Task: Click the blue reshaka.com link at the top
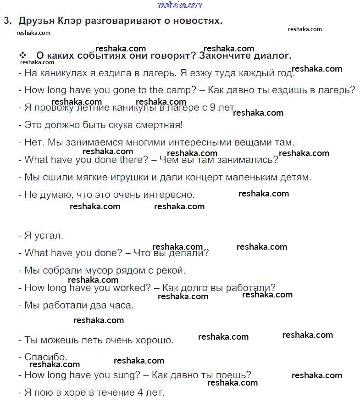point(180,5)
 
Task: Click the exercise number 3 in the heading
point(6,21)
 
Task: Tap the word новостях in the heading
point(198,21)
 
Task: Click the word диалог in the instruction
point(274,56)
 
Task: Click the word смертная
point(159,125)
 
